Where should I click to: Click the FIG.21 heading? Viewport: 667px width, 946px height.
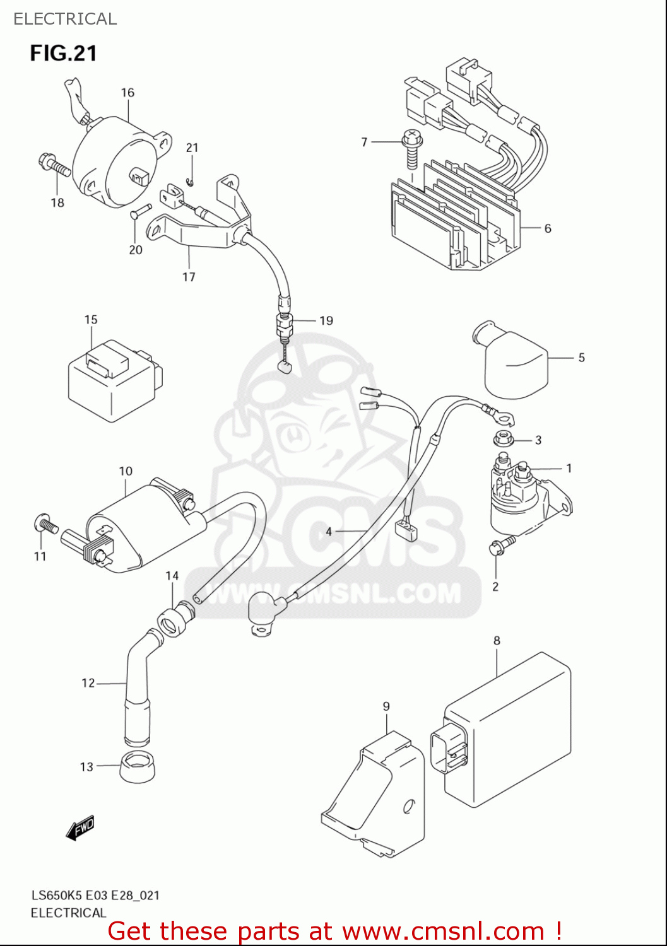click(63, 53)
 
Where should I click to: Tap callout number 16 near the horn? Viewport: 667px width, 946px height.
click(127, 93)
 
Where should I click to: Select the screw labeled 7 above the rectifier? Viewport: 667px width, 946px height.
click(412, 149)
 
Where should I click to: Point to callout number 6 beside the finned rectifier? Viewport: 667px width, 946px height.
click(547, 228)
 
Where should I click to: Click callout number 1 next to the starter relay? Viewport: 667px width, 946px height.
click(569, 468)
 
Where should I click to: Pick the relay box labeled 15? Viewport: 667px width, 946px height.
click(112, 382)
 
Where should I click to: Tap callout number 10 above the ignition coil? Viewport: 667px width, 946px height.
click(126, 471)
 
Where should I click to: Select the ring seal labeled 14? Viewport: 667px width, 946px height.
click(174, 620)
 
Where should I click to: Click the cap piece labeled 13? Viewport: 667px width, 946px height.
click(138, 766)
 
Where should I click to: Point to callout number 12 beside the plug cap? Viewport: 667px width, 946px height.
click(88, 683)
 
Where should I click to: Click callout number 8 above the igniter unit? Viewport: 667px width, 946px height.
click(497, 641)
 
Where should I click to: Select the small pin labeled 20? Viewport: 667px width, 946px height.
click(141, 211)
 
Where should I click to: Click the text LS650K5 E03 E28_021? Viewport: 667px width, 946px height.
click(95, 895)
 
